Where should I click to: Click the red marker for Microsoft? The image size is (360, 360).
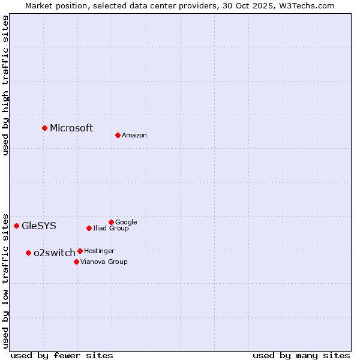[44, 128]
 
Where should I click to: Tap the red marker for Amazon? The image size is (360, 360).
[118, 135]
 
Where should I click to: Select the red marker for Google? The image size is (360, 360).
[111, 222]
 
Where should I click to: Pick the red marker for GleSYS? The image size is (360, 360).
[16, 226]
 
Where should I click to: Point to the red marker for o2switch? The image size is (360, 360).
[28, 253]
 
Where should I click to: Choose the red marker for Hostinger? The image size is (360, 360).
[80, 251]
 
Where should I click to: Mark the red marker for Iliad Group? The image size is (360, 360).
[89, 228]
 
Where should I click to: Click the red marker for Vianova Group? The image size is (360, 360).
[76, 262]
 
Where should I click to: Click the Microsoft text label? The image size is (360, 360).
[71, 128]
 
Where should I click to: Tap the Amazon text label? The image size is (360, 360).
[134, 136]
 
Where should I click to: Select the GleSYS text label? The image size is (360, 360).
[39, 226]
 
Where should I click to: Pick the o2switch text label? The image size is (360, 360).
[55, 253]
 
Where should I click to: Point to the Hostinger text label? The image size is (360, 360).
[99, 251]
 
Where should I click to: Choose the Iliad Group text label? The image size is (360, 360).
[111, 229]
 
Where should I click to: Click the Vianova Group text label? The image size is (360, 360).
[104, 262]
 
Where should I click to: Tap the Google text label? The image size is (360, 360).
[126, 222]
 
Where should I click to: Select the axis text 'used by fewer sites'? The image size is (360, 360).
[62, 355]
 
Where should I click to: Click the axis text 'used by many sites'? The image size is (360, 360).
[301, 355]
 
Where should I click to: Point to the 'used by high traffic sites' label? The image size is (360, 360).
[6, 85]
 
